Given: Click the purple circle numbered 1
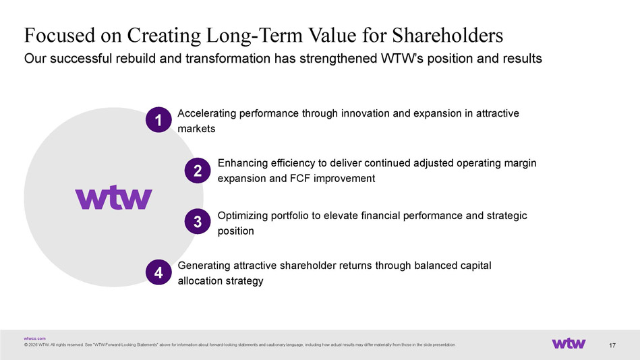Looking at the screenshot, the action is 158,119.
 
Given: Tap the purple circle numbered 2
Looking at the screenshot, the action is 198,171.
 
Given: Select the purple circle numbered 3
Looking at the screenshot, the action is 198,221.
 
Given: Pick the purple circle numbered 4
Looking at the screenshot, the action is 158,272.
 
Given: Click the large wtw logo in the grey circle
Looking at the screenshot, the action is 113,198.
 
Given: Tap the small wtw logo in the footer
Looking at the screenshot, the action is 569,343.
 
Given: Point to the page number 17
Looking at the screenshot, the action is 612,345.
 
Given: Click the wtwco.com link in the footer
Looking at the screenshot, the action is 34,338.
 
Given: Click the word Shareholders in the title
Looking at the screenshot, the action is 448,35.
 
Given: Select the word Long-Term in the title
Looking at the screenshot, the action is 254,36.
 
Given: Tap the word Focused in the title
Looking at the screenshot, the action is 59,35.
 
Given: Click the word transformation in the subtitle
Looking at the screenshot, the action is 228,59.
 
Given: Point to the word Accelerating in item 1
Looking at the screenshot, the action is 207,113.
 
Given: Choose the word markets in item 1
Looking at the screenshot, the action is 196,129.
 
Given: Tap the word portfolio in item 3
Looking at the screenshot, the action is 290,216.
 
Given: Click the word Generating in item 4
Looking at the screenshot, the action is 204,266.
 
